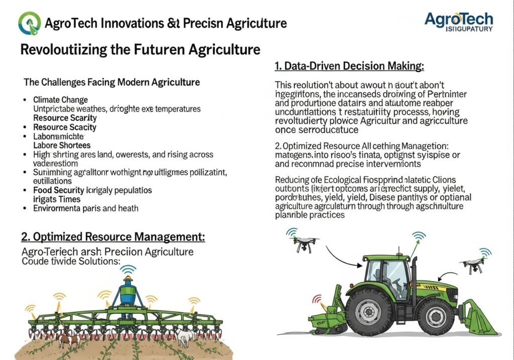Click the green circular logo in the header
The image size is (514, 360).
pos(30,23)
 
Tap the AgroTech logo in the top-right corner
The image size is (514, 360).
pos(458,22)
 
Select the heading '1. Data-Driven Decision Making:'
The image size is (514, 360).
pos(349,66)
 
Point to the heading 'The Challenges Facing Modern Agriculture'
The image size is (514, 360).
pos(112,82)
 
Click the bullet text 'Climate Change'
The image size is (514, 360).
pos(60,100)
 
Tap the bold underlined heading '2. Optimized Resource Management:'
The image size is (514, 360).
pos(113,237)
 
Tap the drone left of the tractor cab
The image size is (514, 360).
pos(304,244)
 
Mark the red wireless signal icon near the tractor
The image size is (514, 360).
pos(318,299)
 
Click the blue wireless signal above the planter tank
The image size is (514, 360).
pos(129,269)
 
